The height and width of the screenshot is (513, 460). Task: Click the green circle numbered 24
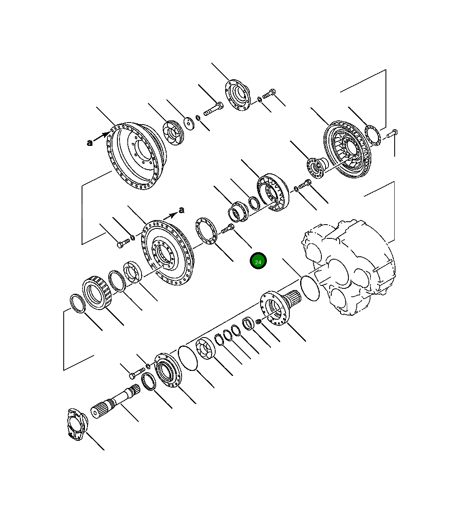pos(258,260)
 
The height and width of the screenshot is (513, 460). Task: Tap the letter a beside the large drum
pos(90,143)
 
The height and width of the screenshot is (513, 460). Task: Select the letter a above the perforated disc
pos(182,210)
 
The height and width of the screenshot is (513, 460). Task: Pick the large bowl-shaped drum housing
pos(137,156)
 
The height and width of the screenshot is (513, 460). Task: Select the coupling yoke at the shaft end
pos(77,424)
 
